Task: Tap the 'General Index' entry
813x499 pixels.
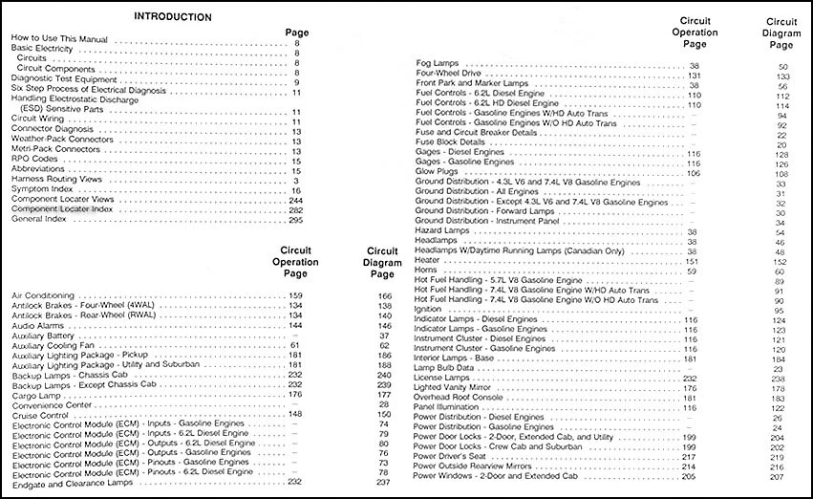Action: pyautogui.click(x=39, y=219)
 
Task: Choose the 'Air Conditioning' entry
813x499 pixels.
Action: pyautogui.click(x=45, y=296)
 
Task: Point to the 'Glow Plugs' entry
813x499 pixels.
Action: pyautogui.click(x=438, y=173)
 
